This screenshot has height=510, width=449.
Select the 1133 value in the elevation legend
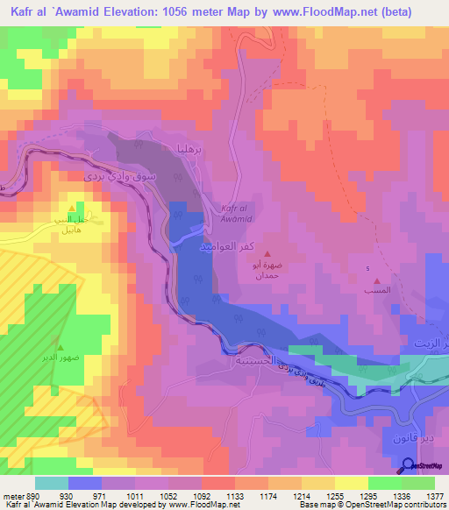point(236,496)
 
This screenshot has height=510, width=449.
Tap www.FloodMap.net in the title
point(288,10)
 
